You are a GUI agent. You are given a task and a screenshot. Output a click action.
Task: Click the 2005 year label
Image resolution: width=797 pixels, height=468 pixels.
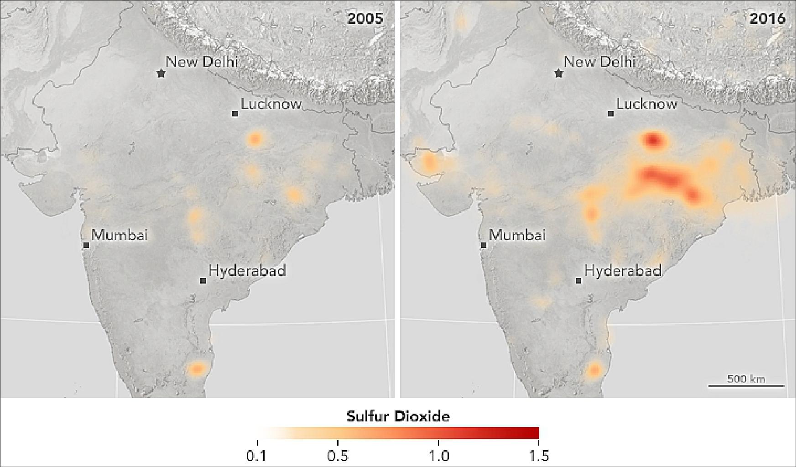pos(365,18)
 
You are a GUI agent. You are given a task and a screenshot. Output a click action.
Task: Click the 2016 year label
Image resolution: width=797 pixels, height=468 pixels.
pos(767,18)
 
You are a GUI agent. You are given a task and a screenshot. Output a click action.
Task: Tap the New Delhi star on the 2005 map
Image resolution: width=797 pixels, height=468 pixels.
pos(161,73)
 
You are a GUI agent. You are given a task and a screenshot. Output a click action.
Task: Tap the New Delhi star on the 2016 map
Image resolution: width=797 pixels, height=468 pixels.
pos(558,73)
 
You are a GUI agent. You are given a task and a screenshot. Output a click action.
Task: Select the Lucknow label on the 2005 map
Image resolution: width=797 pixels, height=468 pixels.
pos(271,104)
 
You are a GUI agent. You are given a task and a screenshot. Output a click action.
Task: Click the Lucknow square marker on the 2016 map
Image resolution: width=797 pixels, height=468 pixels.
pos(611,114)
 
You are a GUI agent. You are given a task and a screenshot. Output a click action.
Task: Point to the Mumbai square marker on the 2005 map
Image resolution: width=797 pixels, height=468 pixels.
pos(86,245)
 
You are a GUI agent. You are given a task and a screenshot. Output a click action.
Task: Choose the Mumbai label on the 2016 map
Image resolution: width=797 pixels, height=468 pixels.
pos(517,236)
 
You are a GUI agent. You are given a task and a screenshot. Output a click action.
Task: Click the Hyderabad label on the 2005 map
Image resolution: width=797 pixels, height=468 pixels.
pos(247,271)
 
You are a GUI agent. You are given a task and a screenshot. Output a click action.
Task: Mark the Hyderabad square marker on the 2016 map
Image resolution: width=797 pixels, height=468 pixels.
pos(578,281)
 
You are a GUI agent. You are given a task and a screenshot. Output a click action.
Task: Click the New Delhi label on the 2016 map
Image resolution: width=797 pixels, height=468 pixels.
pos(599,62)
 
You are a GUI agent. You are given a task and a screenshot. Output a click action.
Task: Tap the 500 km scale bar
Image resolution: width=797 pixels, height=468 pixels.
pos(746,386)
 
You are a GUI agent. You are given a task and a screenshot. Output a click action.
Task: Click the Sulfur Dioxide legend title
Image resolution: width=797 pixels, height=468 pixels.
pos(398,416)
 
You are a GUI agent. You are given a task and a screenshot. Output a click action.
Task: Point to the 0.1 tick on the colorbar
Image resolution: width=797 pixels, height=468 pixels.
pos(258,443)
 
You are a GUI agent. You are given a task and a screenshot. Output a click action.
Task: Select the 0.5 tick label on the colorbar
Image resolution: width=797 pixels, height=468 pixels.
pos(338,456)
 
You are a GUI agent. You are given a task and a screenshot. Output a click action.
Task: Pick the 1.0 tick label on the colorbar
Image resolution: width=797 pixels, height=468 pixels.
pos(438,456)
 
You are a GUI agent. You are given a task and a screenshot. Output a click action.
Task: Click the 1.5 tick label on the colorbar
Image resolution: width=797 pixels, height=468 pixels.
pos(539,456)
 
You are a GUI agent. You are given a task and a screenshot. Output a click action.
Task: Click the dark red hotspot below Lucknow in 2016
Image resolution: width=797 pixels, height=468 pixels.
pos(654,139)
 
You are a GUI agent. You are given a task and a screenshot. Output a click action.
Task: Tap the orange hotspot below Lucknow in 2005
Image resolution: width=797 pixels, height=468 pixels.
pos(255,138)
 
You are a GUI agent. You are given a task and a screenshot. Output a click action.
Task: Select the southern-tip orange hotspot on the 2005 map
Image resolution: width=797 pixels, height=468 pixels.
pos(197,368)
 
